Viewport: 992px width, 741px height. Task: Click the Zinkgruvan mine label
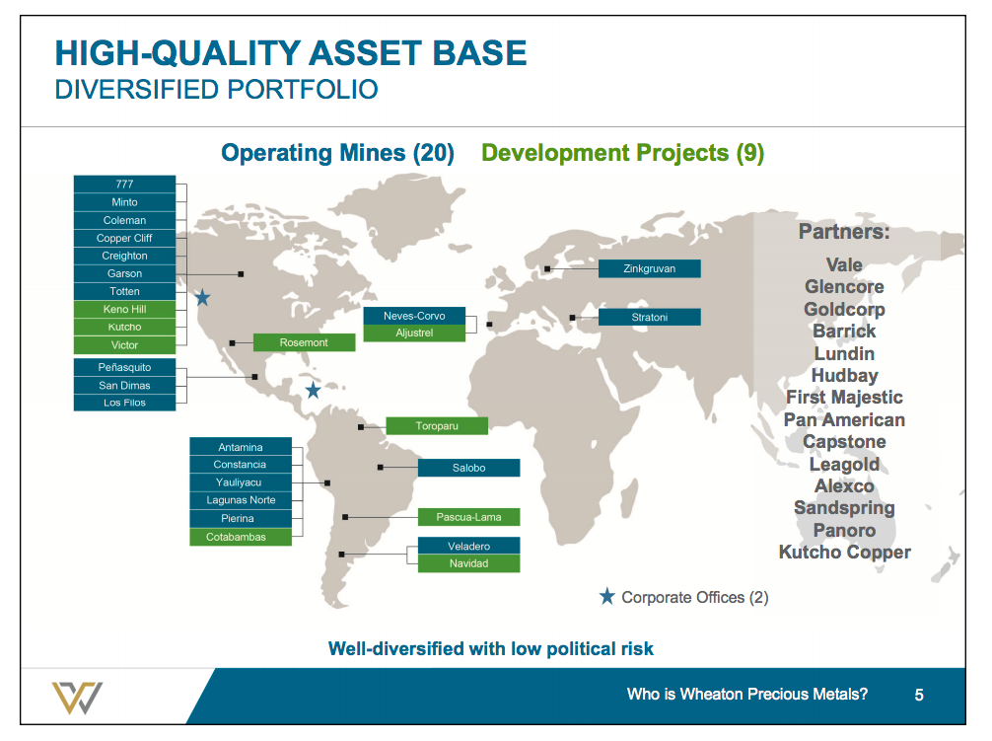(650, 268)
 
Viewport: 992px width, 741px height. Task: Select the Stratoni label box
(650, 318)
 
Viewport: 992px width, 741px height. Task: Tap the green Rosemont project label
(304, 342)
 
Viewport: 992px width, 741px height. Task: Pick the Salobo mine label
(468, 468)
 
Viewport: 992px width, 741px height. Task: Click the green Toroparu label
(437, 426)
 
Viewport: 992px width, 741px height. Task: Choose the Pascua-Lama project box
(468, 517)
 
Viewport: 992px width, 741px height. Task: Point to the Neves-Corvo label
(414, 316)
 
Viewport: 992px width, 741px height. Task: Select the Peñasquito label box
(124, 367)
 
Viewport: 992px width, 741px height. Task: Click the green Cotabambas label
(241, 537)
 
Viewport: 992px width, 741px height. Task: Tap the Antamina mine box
(241, 447)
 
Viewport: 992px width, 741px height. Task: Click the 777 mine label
(124, 185)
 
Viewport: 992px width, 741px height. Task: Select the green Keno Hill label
(124, 309)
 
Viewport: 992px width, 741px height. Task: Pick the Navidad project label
(468, 563)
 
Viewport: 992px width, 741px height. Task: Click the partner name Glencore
(844, 287)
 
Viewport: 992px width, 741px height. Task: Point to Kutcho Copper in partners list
(844, 553)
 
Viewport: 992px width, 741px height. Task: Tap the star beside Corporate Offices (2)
(607, 597)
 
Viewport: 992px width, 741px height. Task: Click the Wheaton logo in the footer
(77, 698)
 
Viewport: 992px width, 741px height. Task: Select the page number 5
(919, 696)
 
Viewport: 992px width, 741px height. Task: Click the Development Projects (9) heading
(622, 153)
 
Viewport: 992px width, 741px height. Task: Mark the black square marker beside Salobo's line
(381, 468)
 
